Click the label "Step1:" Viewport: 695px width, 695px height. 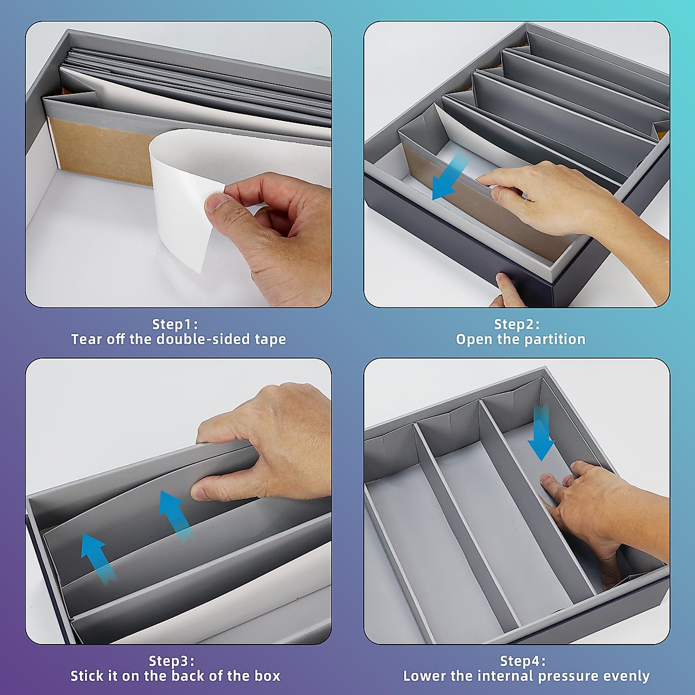[174, 324]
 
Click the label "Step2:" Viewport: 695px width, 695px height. [517, 324]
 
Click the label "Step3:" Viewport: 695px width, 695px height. [171, 661]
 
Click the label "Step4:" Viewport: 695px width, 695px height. [522, 661]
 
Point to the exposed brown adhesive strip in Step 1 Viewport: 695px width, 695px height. [98, 151]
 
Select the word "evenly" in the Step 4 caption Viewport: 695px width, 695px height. [627, 676]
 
